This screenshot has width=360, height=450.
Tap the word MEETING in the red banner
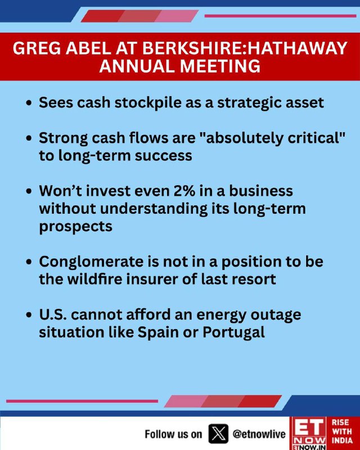(x=220, y=66)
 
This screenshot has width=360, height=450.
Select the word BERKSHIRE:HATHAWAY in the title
(x=245, y=48)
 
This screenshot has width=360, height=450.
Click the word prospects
(x=76, y=227)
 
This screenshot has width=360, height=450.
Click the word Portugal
(x=233, y=332)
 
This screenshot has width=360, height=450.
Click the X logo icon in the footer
(x=218, y=433)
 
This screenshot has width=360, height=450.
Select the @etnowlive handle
(x=259, y=434)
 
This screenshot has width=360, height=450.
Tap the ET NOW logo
(x=308, y=433)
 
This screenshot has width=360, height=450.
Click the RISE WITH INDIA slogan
(x=342, y=431)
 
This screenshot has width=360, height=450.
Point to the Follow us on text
(x=173, y=434)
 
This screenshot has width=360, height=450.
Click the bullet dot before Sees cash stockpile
(x=28, y=103)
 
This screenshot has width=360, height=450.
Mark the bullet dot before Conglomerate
(x=28, y=262)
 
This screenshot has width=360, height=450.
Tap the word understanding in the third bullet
(x=154, y=209)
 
